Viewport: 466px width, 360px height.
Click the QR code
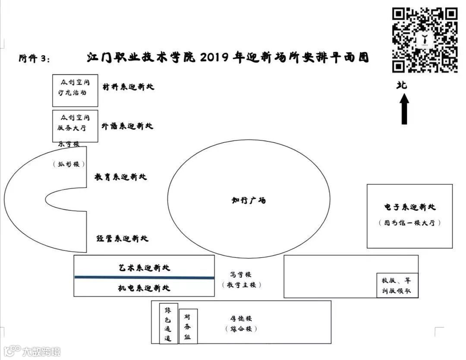pyautogui.click(x=425, y=40)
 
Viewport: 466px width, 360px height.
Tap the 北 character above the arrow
pyautogui.click(x=402, y=85)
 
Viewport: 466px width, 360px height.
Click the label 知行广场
pyautogui.click(x=249, y=200)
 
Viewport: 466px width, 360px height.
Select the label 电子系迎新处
pyautogui.click(x=410, y=207)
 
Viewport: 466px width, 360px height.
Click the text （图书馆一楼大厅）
pyautogui.click(x=410, y=223)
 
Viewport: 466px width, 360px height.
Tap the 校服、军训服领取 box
pyautogui.click(x=397, y=285)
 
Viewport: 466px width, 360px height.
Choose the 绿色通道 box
pyautogui.click(x=168, y=323)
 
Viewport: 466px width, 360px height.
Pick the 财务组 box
pyautogui.click(x=188, y=326)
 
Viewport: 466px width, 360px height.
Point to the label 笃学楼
pyautogui.click(x=241, y=274)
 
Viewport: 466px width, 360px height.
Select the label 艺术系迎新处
pyautogui.click(x=145, y=268)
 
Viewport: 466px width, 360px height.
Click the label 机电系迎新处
pyautogui.click(x=145, y=288)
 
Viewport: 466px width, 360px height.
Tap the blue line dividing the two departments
pyautogui.click(x=144, y=278)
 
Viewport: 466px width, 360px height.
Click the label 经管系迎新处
pyautogui.click(x=122, y=238)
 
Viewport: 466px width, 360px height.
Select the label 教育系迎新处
pyautogui.click(x=121, y=177)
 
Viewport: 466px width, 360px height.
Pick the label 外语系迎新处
pyautogui.click(x=128, y=126)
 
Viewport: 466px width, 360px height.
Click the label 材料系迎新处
pyautogui.click(x=128, y=87)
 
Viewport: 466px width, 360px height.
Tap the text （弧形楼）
pyautogui.click(x=69, y=164)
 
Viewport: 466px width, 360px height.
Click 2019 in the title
pyautogui.click(x=216, y=58)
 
